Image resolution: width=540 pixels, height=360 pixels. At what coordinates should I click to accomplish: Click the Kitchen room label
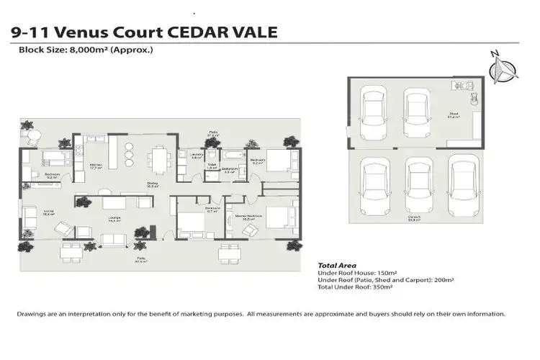tap(94, 168)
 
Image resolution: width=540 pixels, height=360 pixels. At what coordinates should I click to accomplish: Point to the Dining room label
tap(153, 184)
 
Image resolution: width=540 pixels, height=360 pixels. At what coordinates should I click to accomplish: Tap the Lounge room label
tap(113, 220)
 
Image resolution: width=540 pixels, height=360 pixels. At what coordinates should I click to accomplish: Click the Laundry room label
tap(194, 157)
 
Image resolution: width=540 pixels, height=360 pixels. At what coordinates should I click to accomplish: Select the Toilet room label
tap(212, 167)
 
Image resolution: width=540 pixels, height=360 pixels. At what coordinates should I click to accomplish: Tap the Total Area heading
tap(337, 265)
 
